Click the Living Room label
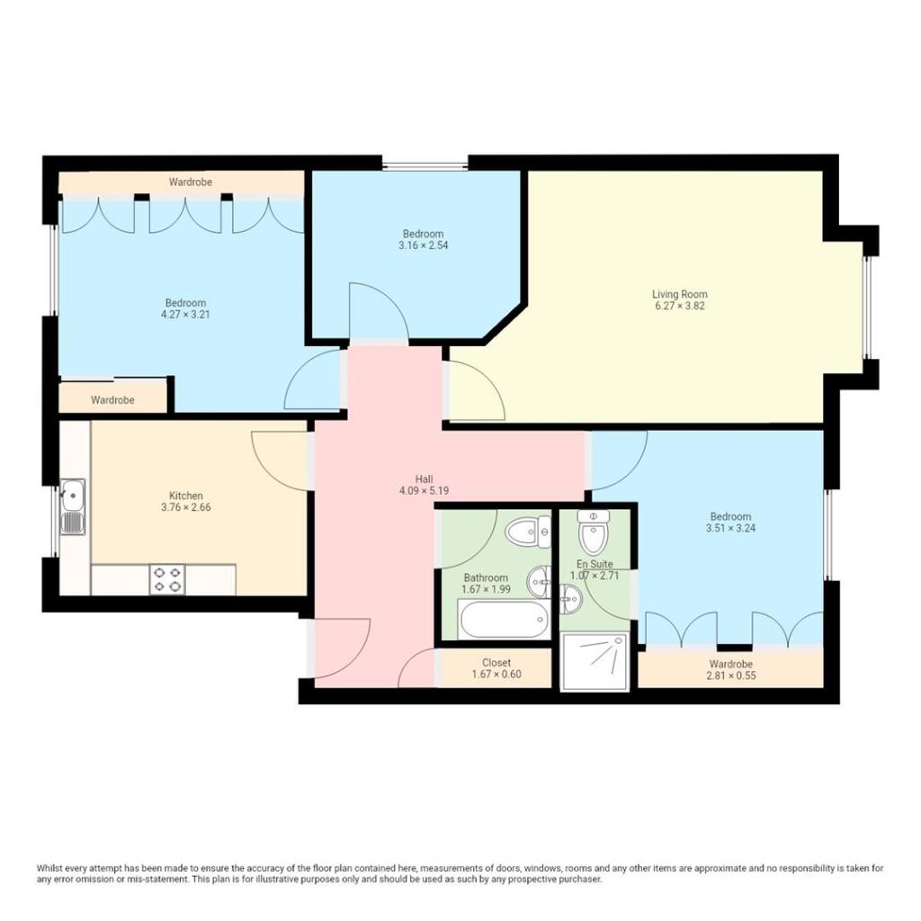[x=679, y=294]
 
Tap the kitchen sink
[x=73, y=506]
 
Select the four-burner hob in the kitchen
[x=166, y=578]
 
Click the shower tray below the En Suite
[x=594, y=661]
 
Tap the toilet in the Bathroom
[x=529, y=532]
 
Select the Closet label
[x=496, y=663]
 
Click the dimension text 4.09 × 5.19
[x=424, y=491]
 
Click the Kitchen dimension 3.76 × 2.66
[x=185, y=507]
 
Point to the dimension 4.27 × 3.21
[x=185, y=315]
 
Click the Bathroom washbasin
[x=541, y=580]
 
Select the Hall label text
[x=424, y=479]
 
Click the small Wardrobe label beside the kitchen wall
[x=112, y=400]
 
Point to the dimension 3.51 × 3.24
[x=729, y=529]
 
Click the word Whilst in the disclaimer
[x=50, y=868]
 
